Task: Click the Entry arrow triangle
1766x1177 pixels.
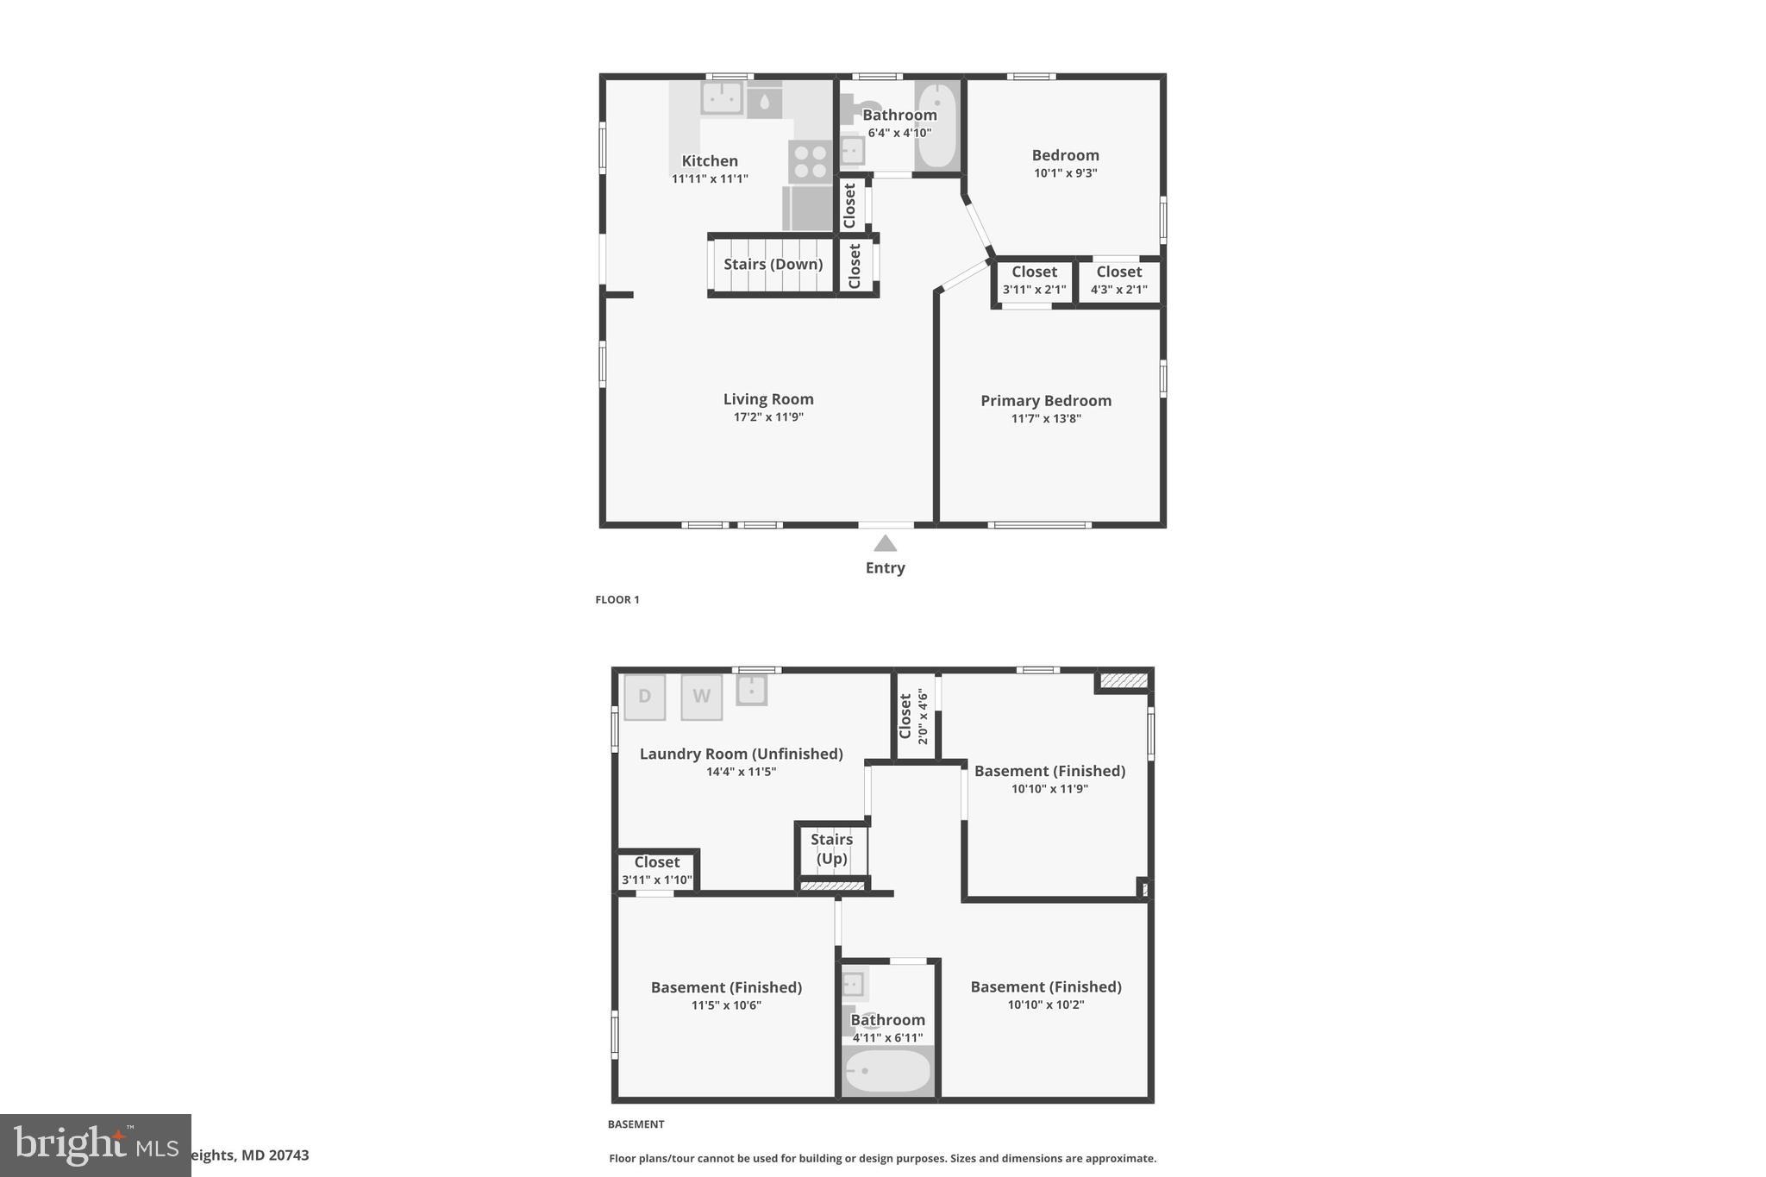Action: coord(885,543)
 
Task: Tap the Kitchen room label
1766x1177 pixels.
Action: coord(710,161)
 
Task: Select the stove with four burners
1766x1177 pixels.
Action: coord(810,162)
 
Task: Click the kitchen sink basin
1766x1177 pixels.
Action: coord(722,98)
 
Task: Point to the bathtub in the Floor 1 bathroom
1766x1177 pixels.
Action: coord(937,126)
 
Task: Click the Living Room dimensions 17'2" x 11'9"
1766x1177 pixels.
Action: coord(768,417)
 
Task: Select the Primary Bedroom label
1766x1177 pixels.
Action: coord(1045,401)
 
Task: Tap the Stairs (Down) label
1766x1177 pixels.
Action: coord(773,264)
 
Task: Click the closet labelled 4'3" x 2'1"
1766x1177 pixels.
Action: coord(1118,281)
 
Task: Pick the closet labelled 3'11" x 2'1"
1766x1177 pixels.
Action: coord(1034,281)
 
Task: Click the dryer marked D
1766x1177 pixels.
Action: coord(644,697)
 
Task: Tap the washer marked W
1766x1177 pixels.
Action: coord(701,697)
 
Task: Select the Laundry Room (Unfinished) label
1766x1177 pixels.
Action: coord(741,754)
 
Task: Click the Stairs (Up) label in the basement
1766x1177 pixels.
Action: coord(831,848)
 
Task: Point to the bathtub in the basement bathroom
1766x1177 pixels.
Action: coord(887,1072)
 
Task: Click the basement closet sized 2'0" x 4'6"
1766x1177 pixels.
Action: coord(914,717)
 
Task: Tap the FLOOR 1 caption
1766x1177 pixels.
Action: coord(617,600)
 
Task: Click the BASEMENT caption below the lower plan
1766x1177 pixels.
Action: coord(636,1124)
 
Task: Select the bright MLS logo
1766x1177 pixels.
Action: coord(96,1145)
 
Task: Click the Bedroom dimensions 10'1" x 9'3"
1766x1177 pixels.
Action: coord(1065,173)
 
